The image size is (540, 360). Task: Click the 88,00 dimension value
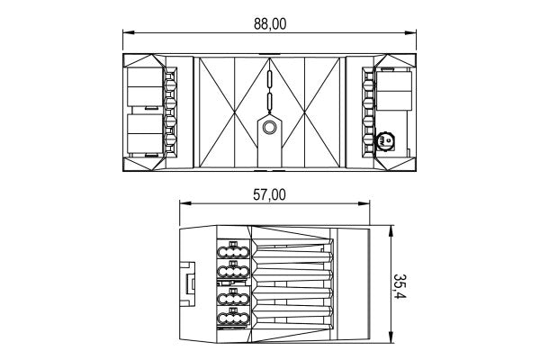[x=270, y=24]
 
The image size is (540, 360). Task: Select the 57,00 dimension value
[x=269, y=195]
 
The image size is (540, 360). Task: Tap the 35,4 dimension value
[x=400, y=286]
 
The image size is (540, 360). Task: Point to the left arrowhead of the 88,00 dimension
[x=129, y=32]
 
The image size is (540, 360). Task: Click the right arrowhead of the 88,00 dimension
[x=410, y=32]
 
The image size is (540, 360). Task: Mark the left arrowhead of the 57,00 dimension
[x=185, y=203]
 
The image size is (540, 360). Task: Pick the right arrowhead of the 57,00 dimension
[x=364, y=203]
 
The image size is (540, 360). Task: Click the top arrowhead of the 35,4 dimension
[x=391, y=231]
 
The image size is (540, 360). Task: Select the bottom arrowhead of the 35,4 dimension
[x=391, y=337]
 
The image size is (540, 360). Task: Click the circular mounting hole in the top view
[x=269, y=128]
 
